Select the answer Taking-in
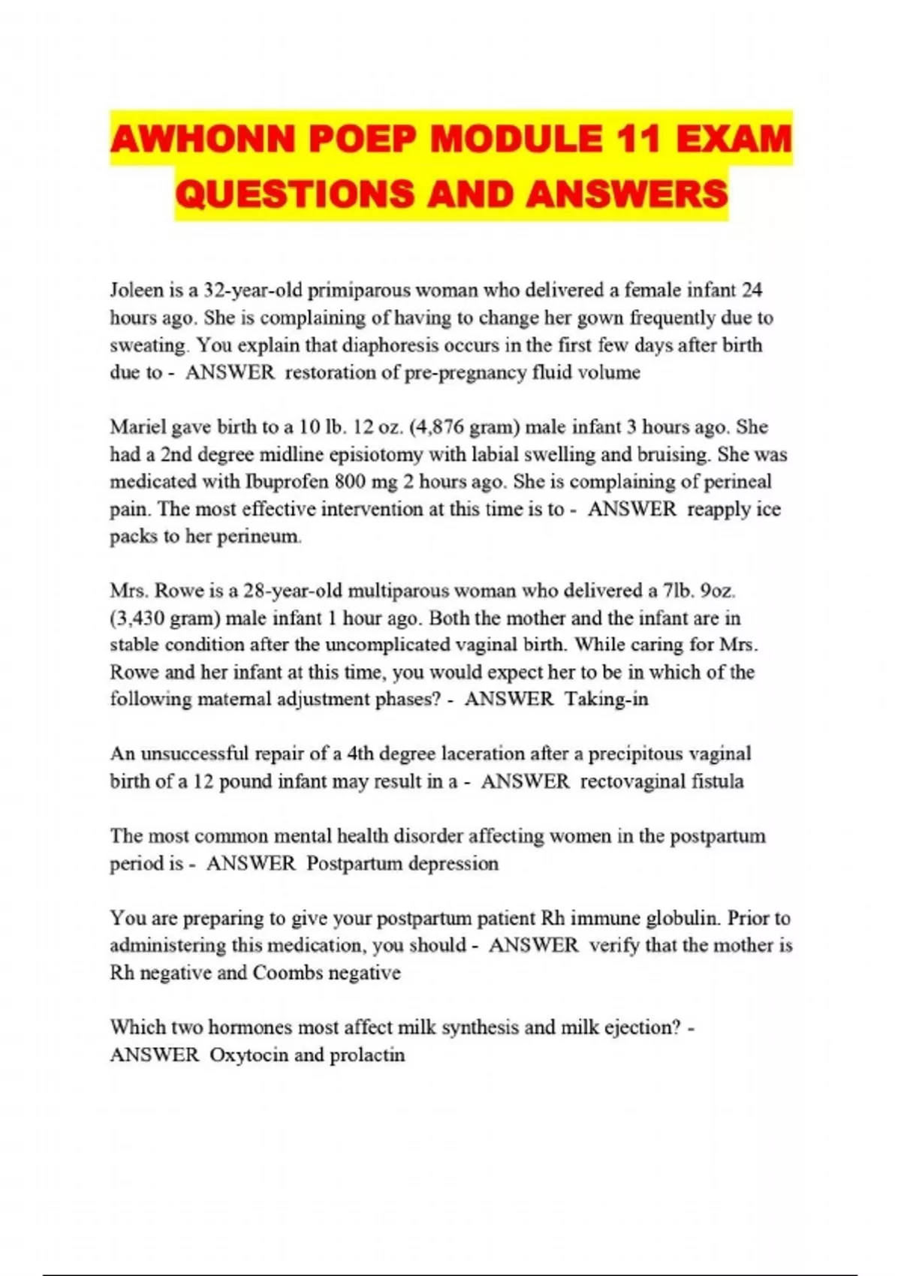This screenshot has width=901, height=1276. (607, 700)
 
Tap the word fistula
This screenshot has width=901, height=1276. (718, 781)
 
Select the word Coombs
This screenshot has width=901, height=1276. (288, 973)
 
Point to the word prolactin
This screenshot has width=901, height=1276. (367, 1055)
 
